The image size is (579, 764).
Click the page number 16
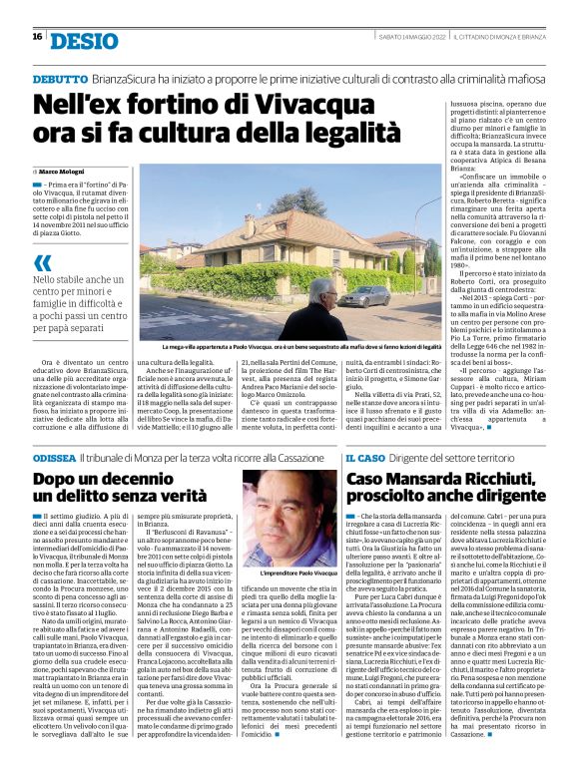37,37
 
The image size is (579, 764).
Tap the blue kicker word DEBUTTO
59,77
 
